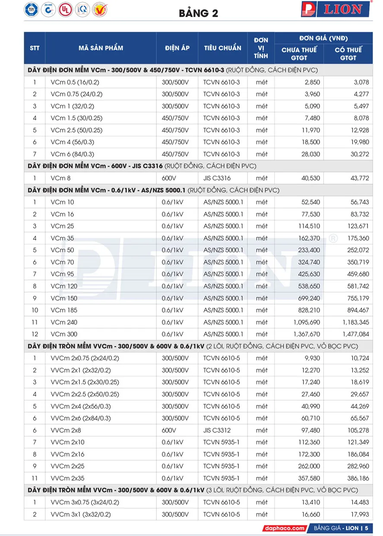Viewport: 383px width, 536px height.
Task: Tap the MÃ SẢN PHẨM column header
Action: pyautogui.click(x=101, y=48)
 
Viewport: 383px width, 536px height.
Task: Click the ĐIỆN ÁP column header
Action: pyautogui.click(x=177, y=48)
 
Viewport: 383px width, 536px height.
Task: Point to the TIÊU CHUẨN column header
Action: pyautogui.click(x=222, y=48)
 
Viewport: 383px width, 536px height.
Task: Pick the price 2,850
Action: pyautogui.click(x=308, y=82)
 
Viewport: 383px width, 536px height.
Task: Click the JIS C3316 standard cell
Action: pyautogui.click(x=217, y=178)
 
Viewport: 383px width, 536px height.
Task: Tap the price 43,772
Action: pyautogui.click(x=358, y=178)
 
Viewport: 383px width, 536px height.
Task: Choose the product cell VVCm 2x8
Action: pyautogui.click(x=66, y=430)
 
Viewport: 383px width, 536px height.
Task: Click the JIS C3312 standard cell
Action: pyautogui.click(x=217, y=430)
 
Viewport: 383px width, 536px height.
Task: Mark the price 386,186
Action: pyautogui.click(x=357, y=478)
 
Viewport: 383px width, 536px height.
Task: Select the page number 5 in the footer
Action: pyautogui.click(x=366, y=528)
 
